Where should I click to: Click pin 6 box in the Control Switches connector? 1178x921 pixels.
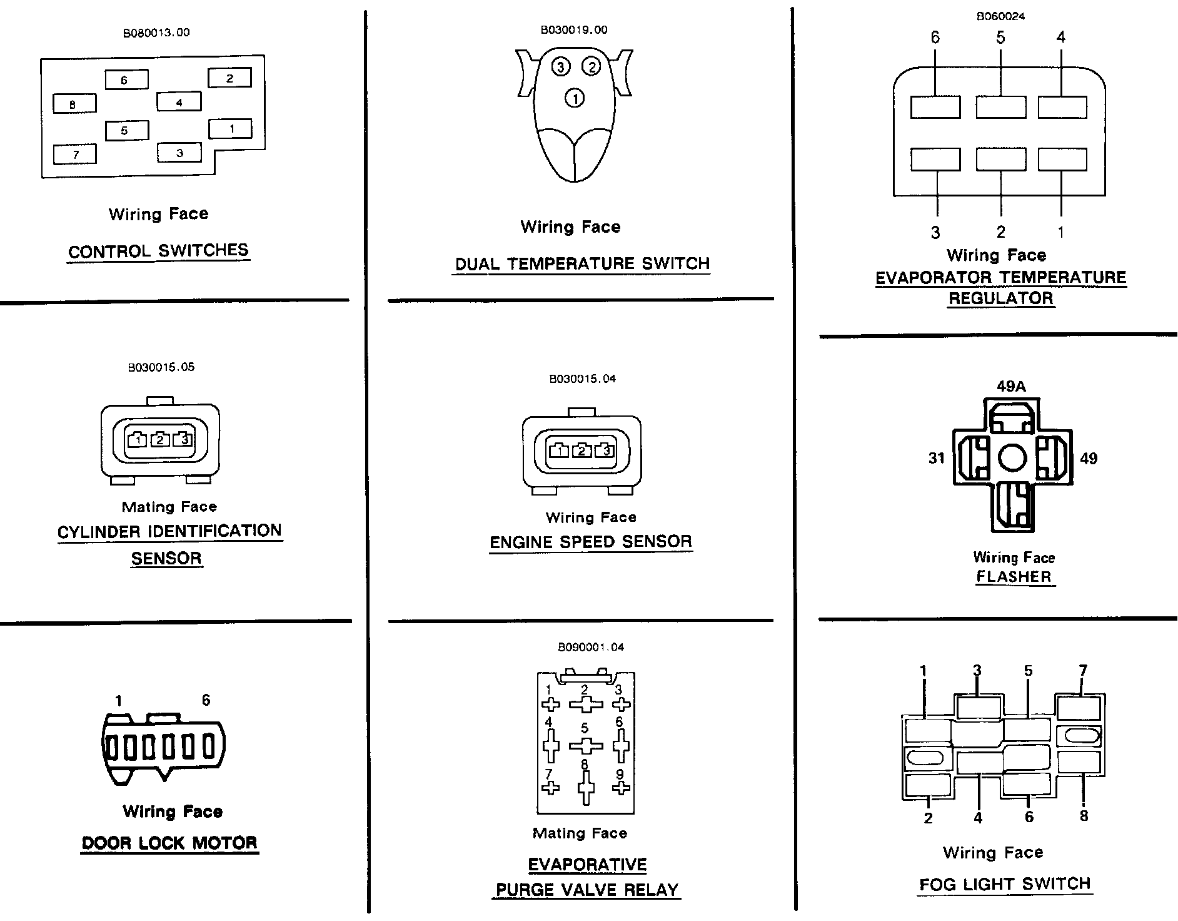pyautogui.click(x=126, y=79)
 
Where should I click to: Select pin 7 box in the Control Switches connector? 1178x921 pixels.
pyautogui.click(x=75, y=155)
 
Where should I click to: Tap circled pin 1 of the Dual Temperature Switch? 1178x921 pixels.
pyautogui.click(x=575, y=98)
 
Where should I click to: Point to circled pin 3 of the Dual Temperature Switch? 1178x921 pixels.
pyautogui.click(x=560, y=66)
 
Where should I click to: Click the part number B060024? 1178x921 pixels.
pyautogui.click(x=1000, y=17)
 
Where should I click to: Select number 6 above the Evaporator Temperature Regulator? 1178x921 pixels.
pyautogui.click(x=935, y=38)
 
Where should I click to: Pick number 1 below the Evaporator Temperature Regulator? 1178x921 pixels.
pyautogui.click(x=1061, y=232)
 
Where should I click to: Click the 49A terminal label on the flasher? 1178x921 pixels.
pyautogui.click(x=1011, y=387)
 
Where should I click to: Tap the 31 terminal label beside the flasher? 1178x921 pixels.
pyautogui.click(x=936, y=459)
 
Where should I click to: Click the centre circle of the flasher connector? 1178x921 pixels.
pyautogui.click(x=1012, y=458)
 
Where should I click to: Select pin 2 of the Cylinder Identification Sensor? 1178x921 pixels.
pyautogui.click(x=160, y=440)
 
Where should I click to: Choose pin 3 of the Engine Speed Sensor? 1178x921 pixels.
pyautogui.click(x=605, y=450)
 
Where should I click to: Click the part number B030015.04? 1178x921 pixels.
pyautogui.click(x=582, y=379)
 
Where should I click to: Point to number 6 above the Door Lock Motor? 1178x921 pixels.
pyautogui.click(x=206, y=700)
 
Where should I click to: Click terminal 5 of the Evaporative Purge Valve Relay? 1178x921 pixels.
pyautogui.click(x=586, y=746)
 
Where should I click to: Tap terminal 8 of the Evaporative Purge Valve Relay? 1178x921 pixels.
pyautogui.click(x=586, y=786)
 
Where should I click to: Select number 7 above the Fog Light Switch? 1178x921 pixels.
pyautogui.click(x=1083, y=671)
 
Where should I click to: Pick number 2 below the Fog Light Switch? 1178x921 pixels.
pyautogui.click(x=928, y=818)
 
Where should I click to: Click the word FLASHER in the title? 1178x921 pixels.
pyautogui.click(x=1014, y=576)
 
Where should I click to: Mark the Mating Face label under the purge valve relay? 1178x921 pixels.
pyautogui.click(x=580, y=833)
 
